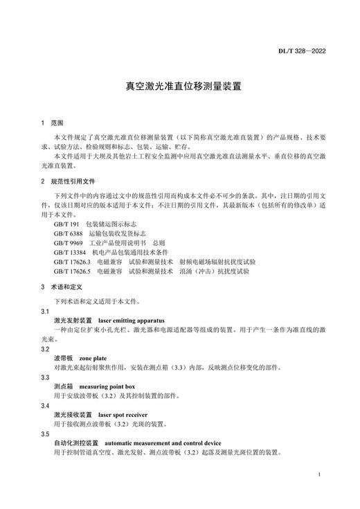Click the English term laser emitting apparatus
point(132,321)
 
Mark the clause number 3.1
point(45,312)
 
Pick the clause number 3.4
point(45,405)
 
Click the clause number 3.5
point(45,434)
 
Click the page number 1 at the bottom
point(317,476)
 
